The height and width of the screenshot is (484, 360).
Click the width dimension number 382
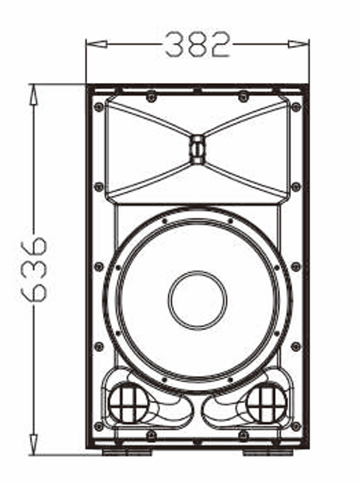coord(197,44)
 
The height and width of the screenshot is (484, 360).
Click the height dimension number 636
coord(35,269)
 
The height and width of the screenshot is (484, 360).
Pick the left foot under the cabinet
coord(124,451)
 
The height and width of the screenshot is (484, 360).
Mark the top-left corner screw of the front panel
coord(99,106)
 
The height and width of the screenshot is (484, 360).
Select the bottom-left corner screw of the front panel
coord(99,427)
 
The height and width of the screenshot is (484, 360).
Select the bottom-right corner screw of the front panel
coord(295,427)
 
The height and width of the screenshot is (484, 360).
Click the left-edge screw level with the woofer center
coord(99,266)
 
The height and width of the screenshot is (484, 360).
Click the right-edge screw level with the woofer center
coord(295,266)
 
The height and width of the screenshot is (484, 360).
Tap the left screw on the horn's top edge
coord(151,96)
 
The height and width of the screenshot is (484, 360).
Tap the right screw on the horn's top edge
coord(243,96)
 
